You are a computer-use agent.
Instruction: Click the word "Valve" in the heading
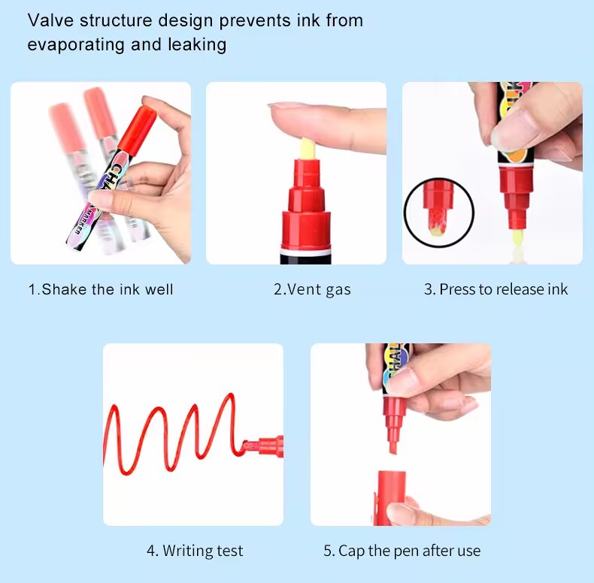(x=50, y=20)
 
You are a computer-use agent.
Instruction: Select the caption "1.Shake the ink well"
(x=101, y=289)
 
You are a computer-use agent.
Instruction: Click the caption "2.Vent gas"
(x=312, y=289)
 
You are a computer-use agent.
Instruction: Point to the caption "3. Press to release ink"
(x=496, y=289)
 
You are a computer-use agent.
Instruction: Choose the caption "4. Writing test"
(x=195, y=551)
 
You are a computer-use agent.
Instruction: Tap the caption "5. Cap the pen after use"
(x=402, y=551)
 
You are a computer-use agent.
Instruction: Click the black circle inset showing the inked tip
(x=438, y=213)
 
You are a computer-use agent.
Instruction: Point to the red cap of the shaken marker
(x=138, y=128)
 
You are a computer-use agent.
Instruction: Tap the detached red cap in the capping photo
(x=390, y=498)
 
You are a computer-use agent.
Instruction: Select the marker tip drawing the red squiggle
(x=262, y=446)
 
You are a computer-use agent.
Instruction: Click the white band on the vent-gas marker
(x=306, y=252)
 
